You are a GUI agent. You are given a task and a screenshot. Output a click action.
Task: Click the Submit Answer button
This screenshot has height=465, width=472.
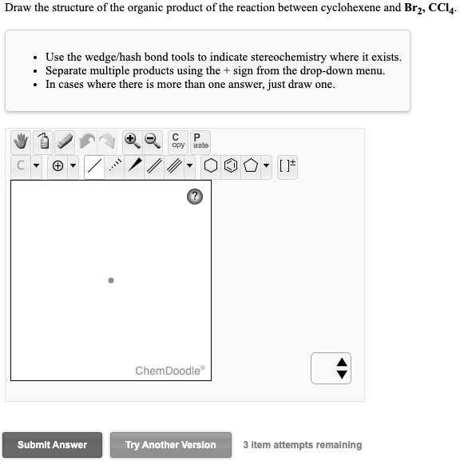(52, 445)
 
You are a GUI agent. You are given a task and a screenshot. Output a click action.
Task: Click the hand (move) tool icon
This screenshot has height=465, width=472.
(22, 142)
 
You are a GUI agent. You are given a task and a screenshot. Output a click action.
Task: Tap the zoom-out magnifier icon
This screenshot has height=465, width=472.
(152, 141)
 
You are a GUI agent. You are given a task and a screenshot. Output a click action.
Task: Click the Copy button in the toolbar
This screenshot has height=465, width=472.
(178, 141)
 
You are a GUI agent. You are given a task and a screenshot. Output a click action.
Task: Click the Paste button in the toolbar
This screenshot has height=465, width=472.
(200, 141)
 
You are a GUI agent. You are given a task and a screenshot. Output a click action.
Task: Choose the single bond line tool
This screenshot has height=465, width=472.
(94, 167)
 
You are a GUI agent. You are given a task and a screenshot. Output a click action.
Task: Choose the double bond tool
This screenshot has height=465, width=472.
(155, 167)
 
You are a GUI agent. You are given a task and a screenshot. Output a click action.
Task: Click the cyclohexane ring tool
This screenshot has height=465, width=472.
(211, 167)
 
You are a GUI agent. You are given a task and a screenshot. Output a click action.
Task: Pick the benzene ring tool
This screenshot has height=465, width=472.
(231, 167)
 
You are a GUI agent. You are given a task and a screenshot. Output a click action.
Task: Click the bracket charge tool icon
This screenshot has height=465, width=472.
(287, 167)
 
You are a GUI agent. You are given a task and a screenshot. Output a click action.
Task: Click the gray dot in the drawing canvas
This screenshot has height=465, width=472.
(111, 280)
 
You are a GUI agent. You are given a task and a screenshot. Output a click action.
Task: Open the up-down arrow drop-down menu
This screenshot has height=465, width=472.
(342, 368)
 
